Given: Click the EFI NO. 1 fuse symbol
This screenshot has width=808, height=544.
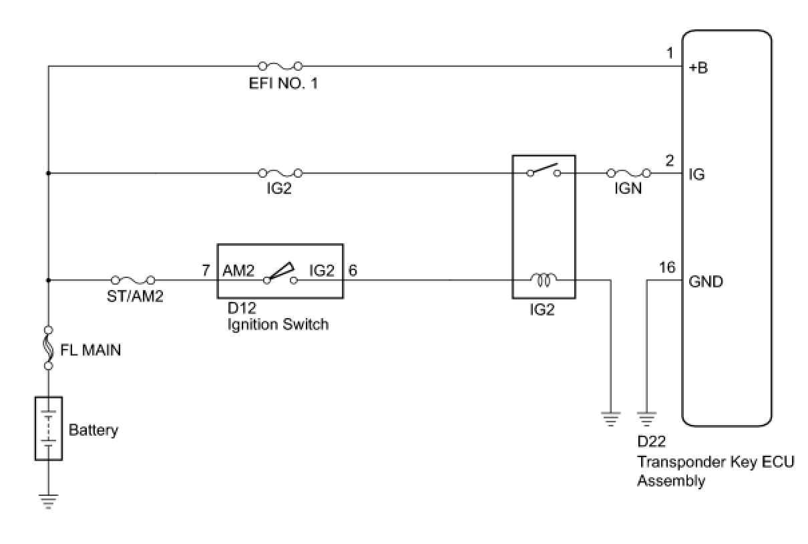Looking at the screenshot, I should [x=279, y=66].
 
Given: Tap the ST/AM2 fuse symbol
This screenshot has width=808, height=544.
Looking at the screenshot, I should [x=134, y=280].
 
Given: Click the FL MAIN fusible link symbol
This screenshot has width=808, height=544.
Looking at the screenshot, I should [x=49, y=348].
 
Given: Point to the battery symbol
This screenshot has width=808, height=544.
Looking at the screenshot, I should [x=49, y=428].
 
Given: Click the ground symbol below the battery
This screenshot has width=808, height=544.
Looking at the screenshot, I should [x=49, y=501].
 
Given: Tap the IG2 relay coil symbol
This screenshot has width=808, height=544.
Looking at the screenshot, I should [x=543, y=280].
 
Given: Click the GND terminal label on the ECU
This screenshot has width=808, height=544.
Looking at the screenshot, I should [x=706, y=281].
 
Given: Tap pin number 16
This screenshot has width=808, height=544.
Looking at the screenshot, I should [x=667, y=267].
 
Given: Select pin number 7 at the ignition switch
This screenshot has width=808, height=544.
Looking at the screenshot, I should [x=206, y=271].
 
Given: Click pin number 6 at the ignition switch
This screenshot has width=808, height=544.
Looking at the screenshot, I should [x=353, y=271].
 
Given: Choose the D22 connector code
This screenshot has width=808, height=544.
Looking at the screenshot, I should [x=652, y=442].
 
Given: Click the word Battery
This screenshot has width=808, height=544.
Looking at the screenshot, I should [x=93, y=430].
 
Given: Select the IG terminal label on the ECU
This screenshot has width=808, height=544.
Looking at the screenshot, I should [x=696, y=174].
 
